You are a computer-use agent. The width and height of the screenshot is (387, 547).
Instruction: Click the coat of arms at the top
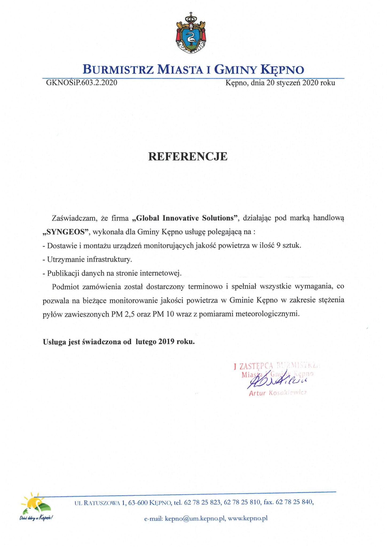[x=191, y=33]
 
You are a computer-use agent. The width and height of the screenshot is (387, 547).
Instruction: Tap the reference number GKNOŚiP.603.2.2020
[x=82, y=83]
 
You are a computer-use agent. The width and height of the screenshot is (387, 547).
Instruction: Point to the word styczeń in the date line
[x=288, y=83]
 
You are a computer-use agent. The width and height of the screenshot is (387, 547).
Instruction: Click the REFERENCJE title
[x=188, y=157]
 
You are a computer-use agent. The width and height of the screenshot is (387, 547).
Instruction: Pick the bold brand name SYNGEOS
[x=66, y=232]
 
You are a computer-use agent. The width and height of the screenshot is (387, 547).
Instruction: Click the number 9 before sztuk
[x=278, y=245]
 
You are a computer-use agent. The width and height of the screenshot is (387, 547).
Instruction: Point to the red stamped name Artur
[x=257, y=393]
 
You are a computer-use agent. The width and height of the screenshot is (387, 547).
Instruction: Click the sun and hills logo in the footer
[x=36, y=504]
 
